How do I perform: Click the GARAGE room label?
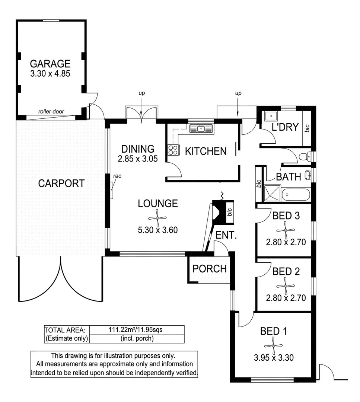[x=50, y=64]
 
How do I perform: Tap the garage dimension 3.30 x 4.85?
[x=50, y=74]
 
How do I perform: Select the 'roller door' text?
[x=51, y=112]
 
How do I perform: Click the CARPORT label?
[x=61, y=183]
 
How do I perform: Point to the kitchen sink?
[x=201, y=128]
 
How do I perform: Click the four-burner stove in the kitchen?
[x=173, y=150]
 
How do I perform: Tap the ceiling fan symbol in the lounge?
[x=157, y=218]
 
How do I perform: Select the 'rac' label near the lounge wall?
[x=117, y=176]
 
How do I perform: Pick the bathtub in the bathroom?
[x=296, y=195]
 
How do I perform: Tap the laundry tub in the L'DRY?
[x=271, y=117]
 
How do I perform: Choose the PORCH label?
[x=210, y=269]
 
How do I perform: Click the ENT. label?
[x=226, y=235]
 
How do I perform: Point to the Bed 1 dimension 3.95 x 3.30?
[x=274, y=357]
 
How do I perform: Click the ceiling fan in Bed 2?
[x=286, y=286]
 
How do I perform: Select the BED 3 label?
[x=286, y=216]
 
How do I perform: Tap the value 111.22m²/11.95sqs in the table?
[x=136, y=329]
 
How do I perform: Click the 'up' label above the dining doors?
[x=141, y=93]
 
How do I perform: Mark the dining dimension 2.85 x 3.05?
[x=138, y=159]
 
